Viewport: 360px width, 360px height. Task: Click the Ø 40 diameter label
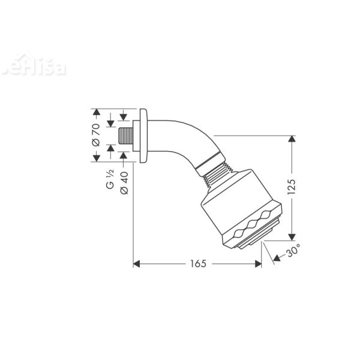coord(124,181)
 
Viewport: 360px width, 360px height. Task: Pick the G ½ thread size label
coord(110,180)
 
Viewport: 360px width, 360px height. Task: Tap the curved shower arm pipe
coord(180,141)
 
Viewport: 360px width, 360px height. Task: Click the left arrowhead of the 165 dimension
coord(136,263)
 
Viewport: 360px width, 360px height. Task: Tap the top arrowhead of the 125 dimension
coord(292,139)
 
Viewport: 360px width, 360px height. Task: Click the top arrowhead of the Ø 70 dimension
coord(95,112)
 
